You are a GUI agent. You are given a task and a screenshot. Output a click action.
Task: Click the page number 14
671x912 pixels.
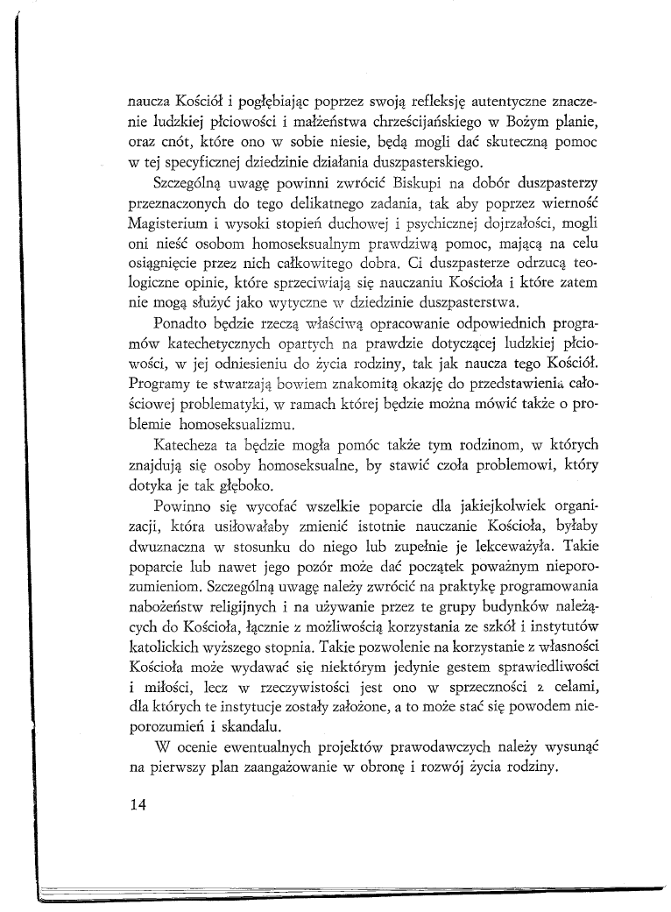[137, 807]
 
